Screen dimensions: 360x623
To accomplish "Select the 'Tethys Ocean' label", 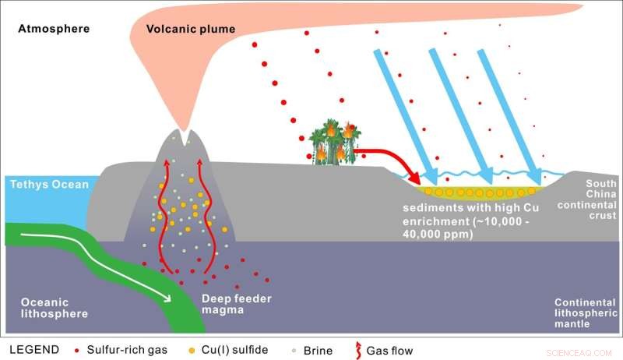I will (48, 185).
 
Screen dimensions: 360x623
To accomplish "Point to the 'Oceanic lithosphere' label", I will (45, 308).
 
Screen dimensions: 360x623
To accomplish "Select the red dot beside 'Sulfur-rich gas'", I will (75, 350).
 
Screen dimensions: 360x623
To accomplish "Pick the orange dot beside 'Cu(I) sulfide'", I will (192, 350).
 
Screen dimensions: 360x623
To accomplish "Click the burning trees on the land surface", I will (336, 141).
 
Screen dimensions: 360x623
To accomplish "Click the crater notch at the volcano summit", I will (185, 139).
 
